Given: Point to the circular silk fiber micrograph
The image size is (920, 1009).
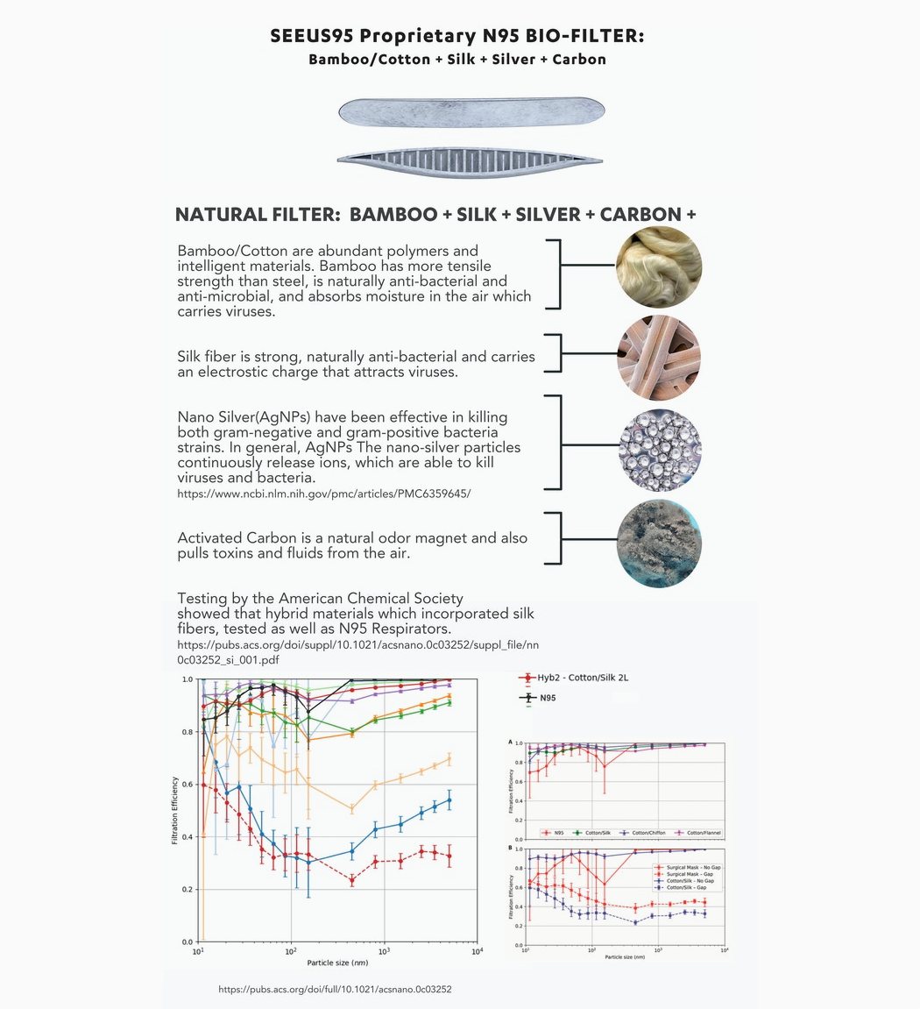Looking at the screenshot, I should (658, 358).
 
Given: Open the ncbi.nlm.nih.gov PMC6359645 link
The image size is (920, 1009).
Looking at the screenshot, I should (323, 494).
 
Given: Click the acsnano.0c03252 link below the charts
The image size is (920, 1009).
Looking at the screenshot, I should (334, 989).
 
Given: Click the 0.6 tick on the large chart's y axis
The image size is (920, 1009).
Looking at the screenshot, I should (188, 785).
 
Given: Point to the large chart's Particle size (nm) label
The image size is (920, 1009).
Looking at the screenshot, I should (336, 963).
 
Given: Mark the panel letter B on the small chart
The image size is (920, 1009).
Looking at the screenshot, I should (511, 848).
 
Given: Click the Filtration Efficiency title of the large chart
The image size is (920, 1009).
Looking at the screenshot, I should (175, 810).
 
